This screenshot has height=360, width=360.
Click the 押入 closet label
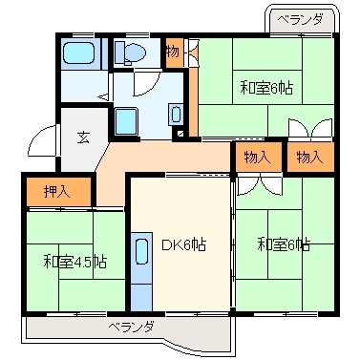pyautogui.click(x=57, y=192)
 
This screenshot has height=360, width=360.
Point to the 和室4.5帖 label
pyautogui.click(x=74, y=260)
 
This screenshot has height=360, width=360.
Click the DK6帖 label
pyautogui.click(x=182, y=245)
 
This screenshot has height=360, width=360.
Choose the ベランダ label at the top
pyautogui.click(x=301, y=19)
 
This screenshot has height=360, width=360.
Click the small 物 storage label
pyautogui.click(x=173, y=51)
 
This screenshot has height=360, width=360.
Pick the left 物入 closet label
pyautogui.click(x=257, y=156)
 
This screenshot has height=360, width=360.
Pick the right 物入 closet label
pyautogui.click(x=310, y=156)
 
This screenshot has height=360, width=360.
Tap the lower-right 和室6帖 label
pyautogui.click(x=284, y=245)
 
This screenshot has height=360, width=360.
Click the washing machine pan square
pyautogui.click(x=126, y=121)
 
